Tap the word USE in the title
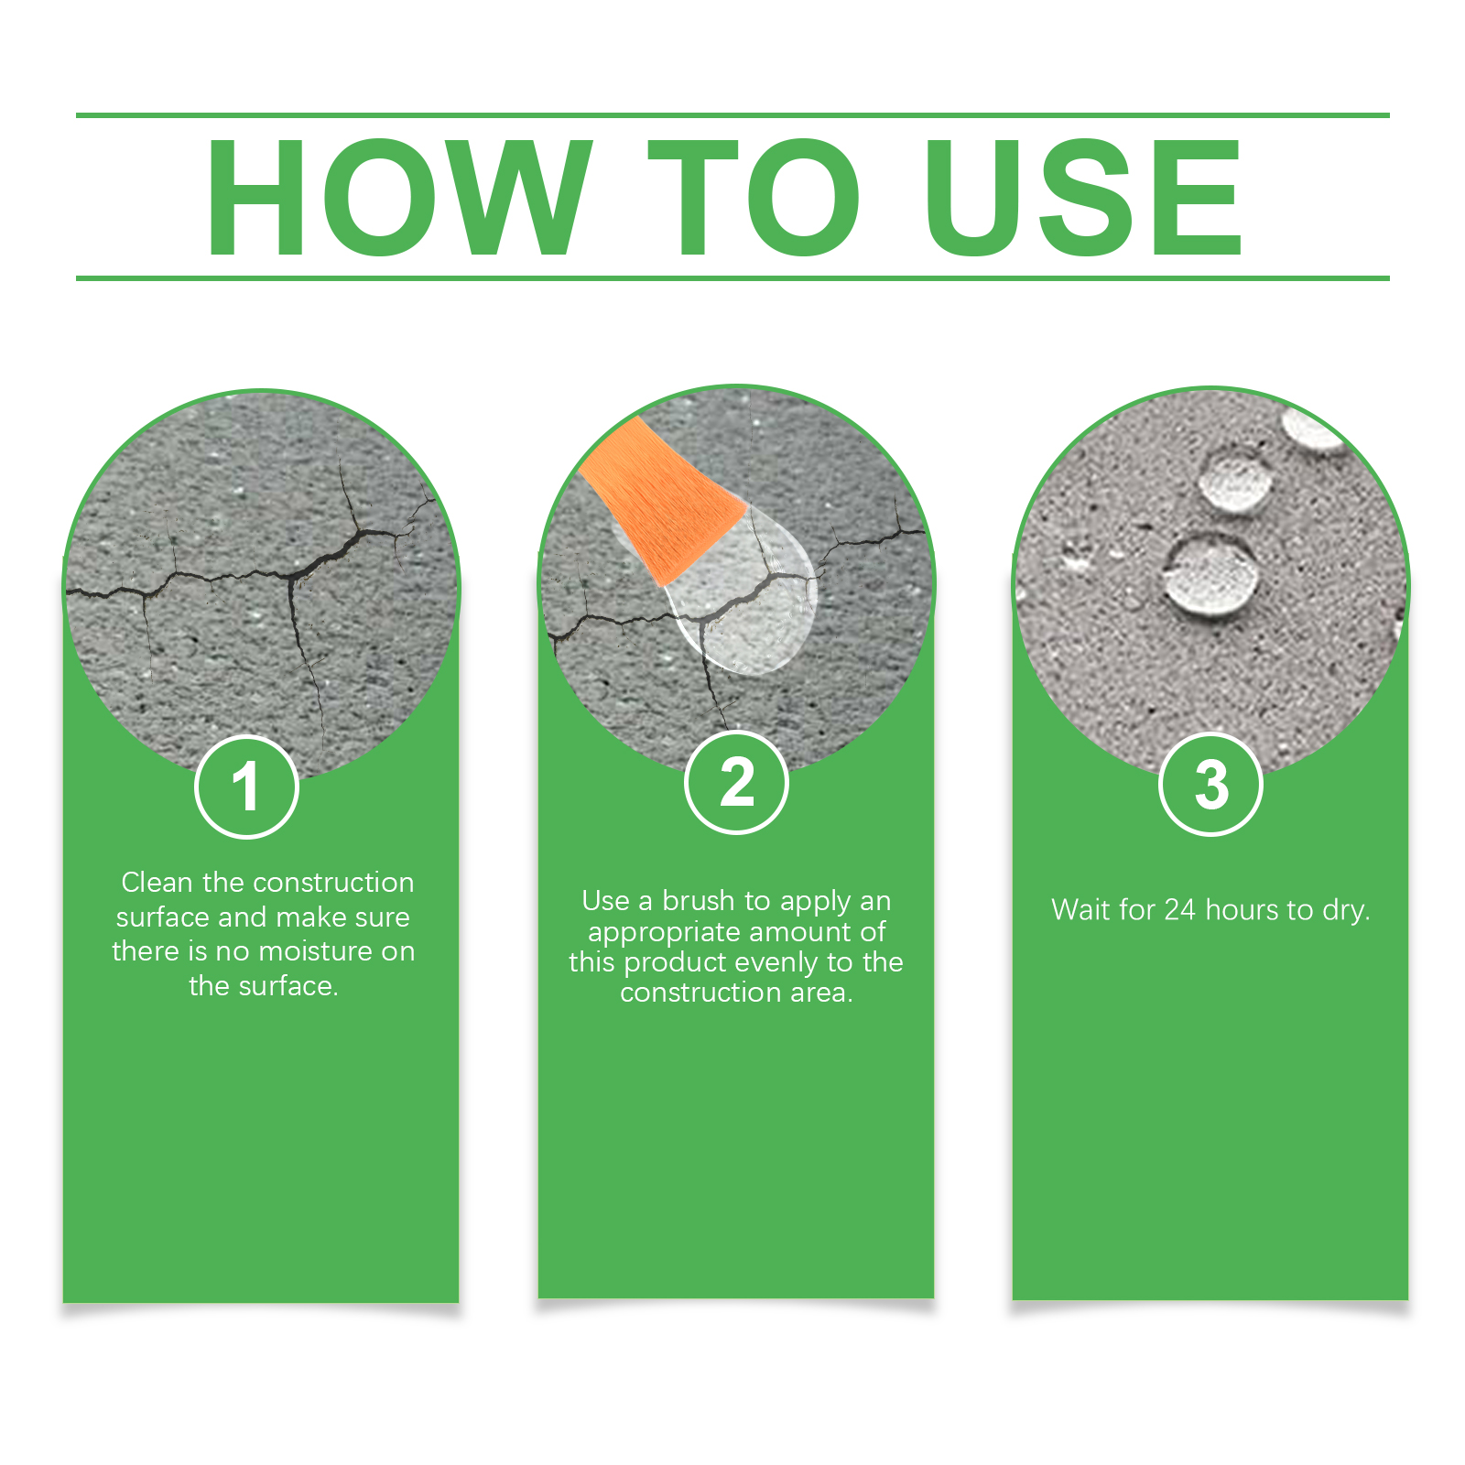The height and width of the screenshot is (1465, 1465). pyautogui.click(x=1083, y=197)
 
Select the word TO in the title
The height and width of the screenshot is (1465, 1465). pyautogui.click(x=754, y=197)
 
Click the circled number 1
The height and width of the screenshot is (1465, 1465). pyautogui.click(x=246, y=787)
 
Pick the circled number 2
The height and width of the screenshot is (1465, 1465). pyautogui.click(x=736, y=783)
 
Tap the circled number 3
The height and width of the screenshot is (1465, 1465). pyautogui.click(x=1210, y=785)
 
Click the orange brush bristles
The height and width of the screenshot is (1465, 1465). pyautogui.click(x=662, y=499)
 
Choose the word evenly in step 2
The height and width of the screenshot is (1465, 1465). pyautogui.click(x=776, y=962)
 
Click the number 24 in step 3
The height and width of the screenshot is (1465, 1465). pyautogui.click(x=1179, y=909)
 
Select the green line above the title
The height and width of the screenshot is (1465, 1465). pyautogui.click(x=732, y=115)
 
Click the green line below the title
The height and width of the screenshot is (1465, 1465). pyautogui.click(x=732, y=277)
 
